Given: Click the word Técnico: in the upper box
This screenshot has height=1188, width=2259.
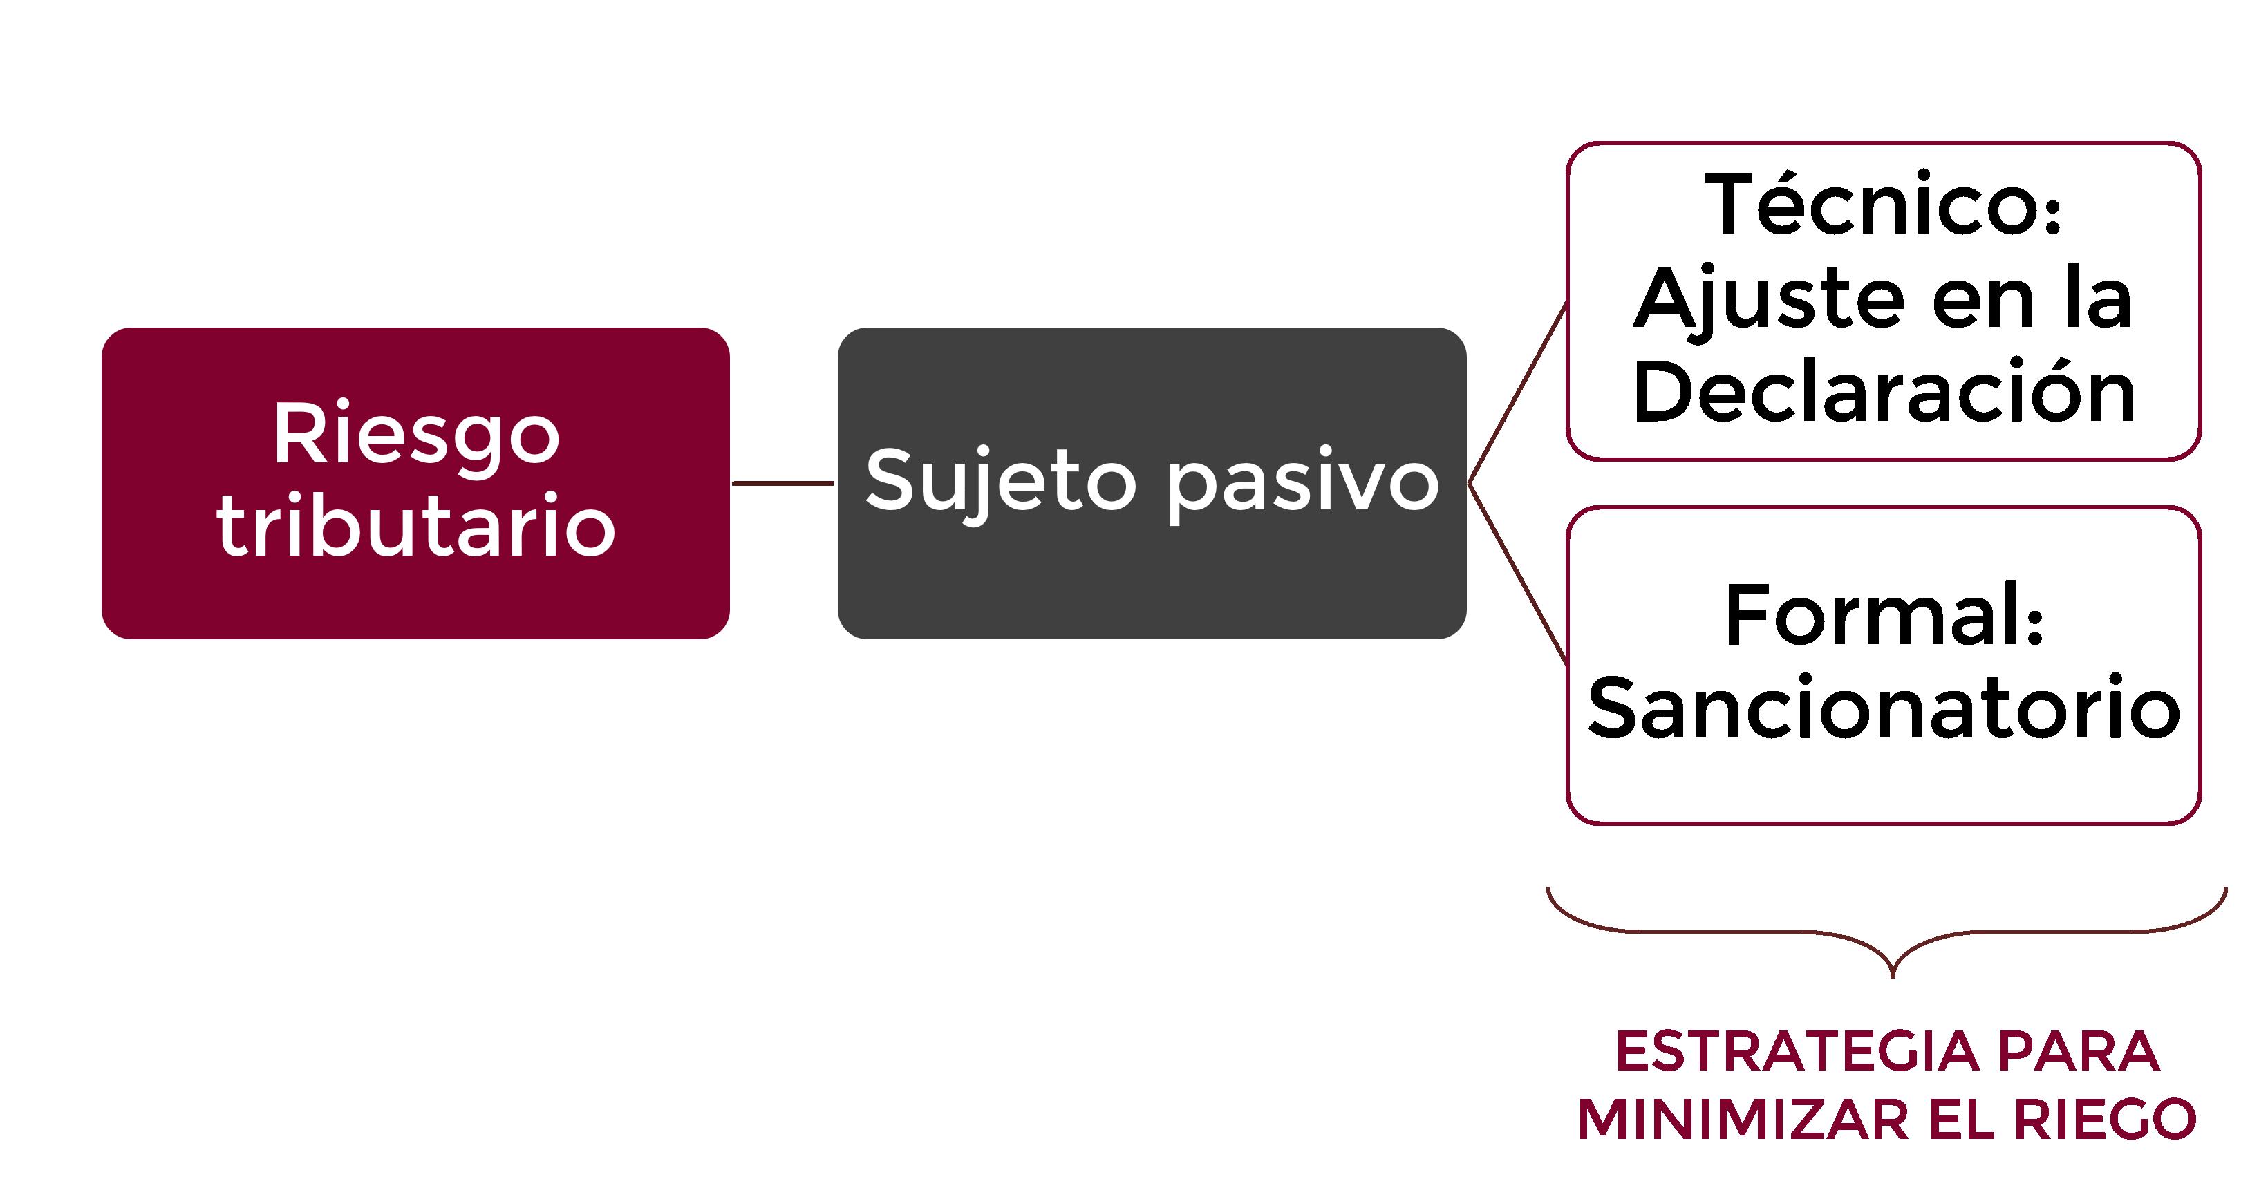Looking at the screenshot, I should (1884, 206).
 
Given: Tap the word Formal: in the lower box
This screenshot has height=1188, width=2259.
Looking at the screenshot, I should (1884, 616).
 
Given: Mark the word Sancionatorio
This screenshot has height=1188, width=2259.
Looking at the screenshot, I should (1884, 708).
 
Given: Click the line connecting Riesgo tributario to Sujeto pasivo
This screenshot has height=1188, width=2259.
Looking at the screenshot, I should (782, 483).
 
